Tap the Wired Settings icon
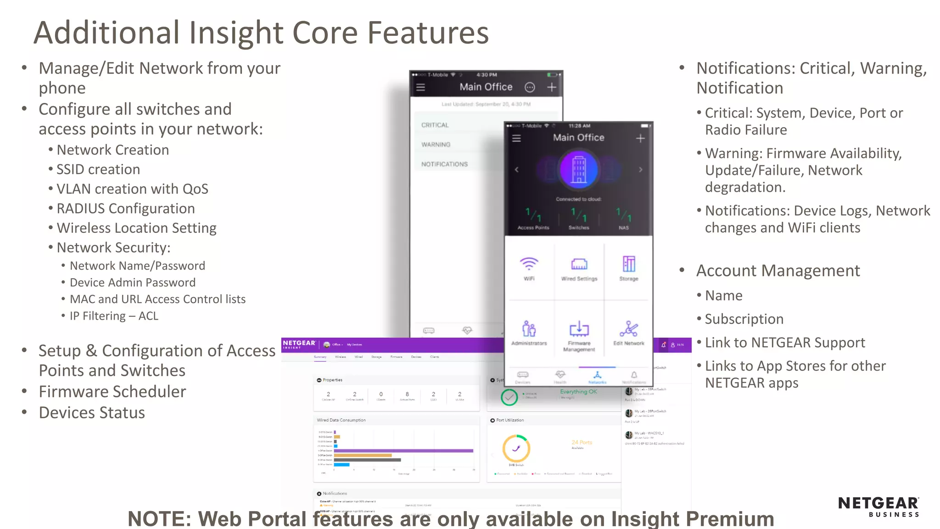(x=579, y=264)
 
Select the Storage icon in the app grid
(x=629, y=264)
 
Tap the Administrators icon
(x=529, y=329)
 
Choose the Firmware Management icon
(x=579, y=329)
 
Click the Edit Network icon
(x=629, y=329)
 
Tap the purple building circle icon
(x=579, y=170)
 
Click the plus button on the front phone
(x=640, y=138)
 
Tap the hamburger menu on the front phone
(x=516, y=138)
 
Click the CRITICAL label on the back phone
(x=435, y=125)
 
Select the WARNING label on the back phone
(x=436, y=145)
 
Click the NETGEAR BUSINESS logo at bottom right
(x=878, y=506)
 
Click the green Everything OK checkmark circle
(x=509, y=397)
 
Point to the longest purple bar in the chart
(x=404, y=451)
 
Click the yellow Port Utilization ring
(x=516, y=448)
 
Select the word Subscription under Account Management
(x=744, y=319)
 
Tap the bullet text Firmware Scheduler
(x=112, y=392)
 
